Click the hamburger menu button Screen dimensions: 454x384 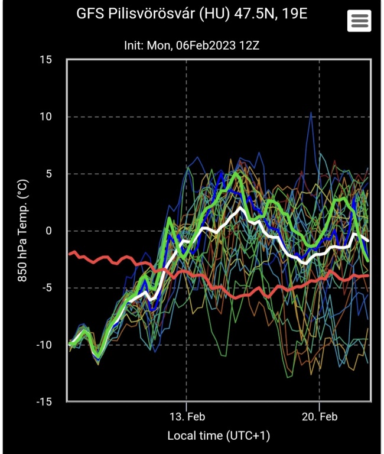click(359, 21)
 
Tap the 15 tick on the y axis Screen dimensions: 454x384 click(45, 60)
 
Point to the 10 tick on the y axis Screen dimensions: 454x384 click(45, 116)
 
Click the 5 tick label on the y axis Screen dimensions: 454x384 click(48, 174)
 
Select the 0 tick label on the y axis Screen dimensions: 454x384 click(48, 231)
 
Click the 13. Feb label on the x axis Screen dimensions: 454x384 click(187, 417)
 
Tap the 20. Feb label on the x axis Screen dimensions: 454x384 click(319, 417)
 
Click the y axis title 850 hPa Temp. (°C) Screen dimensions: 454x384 click(22, 231)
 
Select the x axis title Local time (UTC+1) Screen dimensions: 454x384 click(219, 436)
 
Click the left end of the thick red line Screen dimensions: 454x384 click(69, 254)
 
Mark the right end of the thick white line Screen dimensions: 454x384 click(369, 241)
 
